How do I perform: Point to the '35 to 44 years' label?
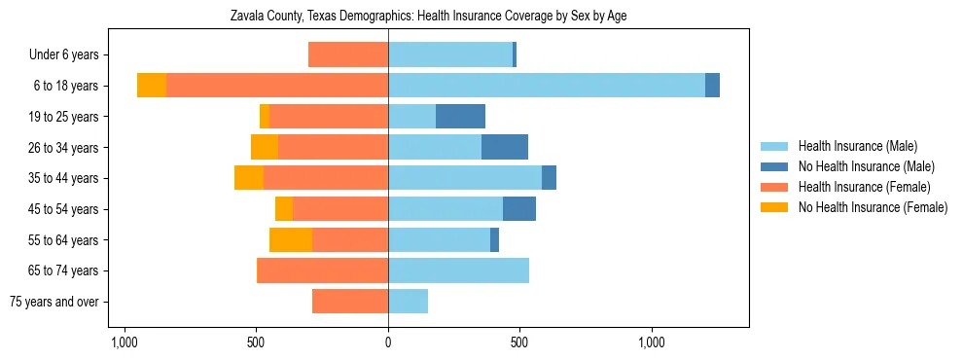click(64, 178)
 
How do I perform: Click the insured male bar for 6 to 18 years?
click(546, 86)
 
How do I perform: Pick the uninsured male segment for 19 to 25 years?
click(460, 117)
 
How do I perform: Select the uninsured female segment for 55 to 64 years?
click(291, 239)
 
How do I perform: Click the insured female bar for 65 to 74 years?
click(322, 270)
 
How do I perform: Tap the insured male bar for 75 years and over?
click(408, 302)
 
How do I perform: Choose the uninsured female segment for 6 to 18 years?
click(152, 86)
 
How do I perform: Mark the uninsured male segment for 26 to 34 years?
click(505, 147)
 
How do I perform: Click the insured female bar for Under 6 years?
click(348, 55)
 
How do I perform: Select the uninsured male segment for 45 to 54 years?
click(519, 209)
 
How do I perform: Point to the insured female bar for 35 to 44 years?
click(326, 178)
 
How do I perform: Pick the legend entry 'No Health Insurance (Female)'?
click(872, 207)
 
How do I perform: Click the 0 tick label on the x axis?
click(388, 342)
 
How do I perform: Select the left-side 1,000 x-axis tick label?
click(125, 342)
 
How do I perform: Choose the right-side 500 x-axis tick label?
click(519, 342)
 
